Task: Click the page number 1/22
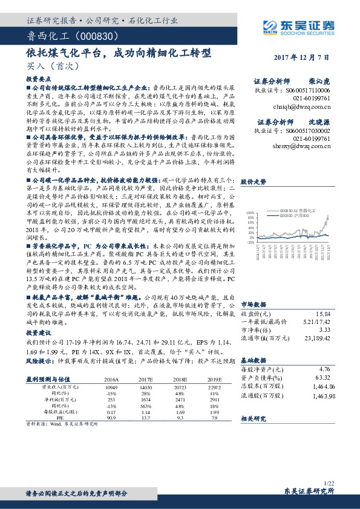coord(329,483)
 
